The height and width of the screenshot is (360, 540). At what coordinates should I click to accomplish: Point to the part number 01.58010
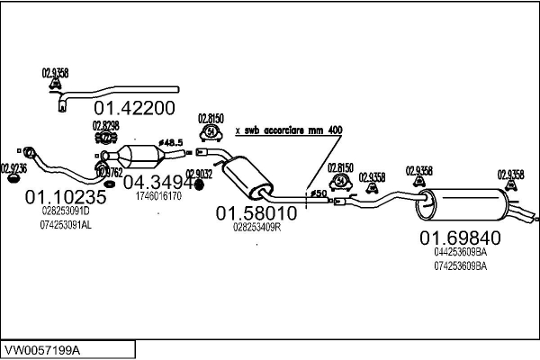pyautogui.click(x=256, y=213)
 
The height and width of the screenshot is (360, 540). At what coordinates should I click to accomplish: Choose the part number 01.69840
pyautogui.click(x=460, y=238)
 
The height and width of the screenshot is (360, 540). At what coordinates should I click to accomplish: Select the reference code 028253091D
pyautogui.click(x=66, y=211)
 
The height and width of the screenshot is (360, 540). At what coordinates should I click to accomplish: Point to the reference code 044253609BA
pyautogui.click(x=460, y=253)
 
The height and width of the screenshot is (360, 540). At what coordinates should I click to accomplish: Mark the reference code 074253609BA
pyautogui.click(x=460, y=265)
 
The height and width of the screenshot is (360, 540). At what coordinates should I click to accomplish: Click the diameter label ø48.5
pyautogui.click(x=171, y=143)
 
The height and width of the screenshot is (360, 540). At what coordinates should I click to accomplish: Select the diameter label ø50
pyautogui.click(x=319, y=193)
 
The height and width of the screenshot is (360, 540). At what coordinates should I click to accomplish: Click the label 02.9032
pyautogui.click(x=199, y=175)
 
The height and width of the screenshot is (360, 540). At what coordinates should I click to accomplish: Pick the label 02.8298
pyautogui.click(x=106, y=125)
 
